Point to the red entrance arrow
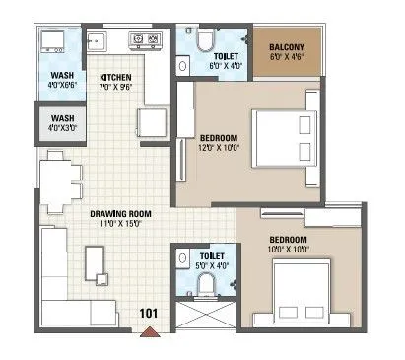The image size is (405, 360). pyautogui.click(x=150, y=330)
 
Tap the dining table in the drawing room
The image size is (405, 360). pyautogui.click(x=52, y=181)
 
